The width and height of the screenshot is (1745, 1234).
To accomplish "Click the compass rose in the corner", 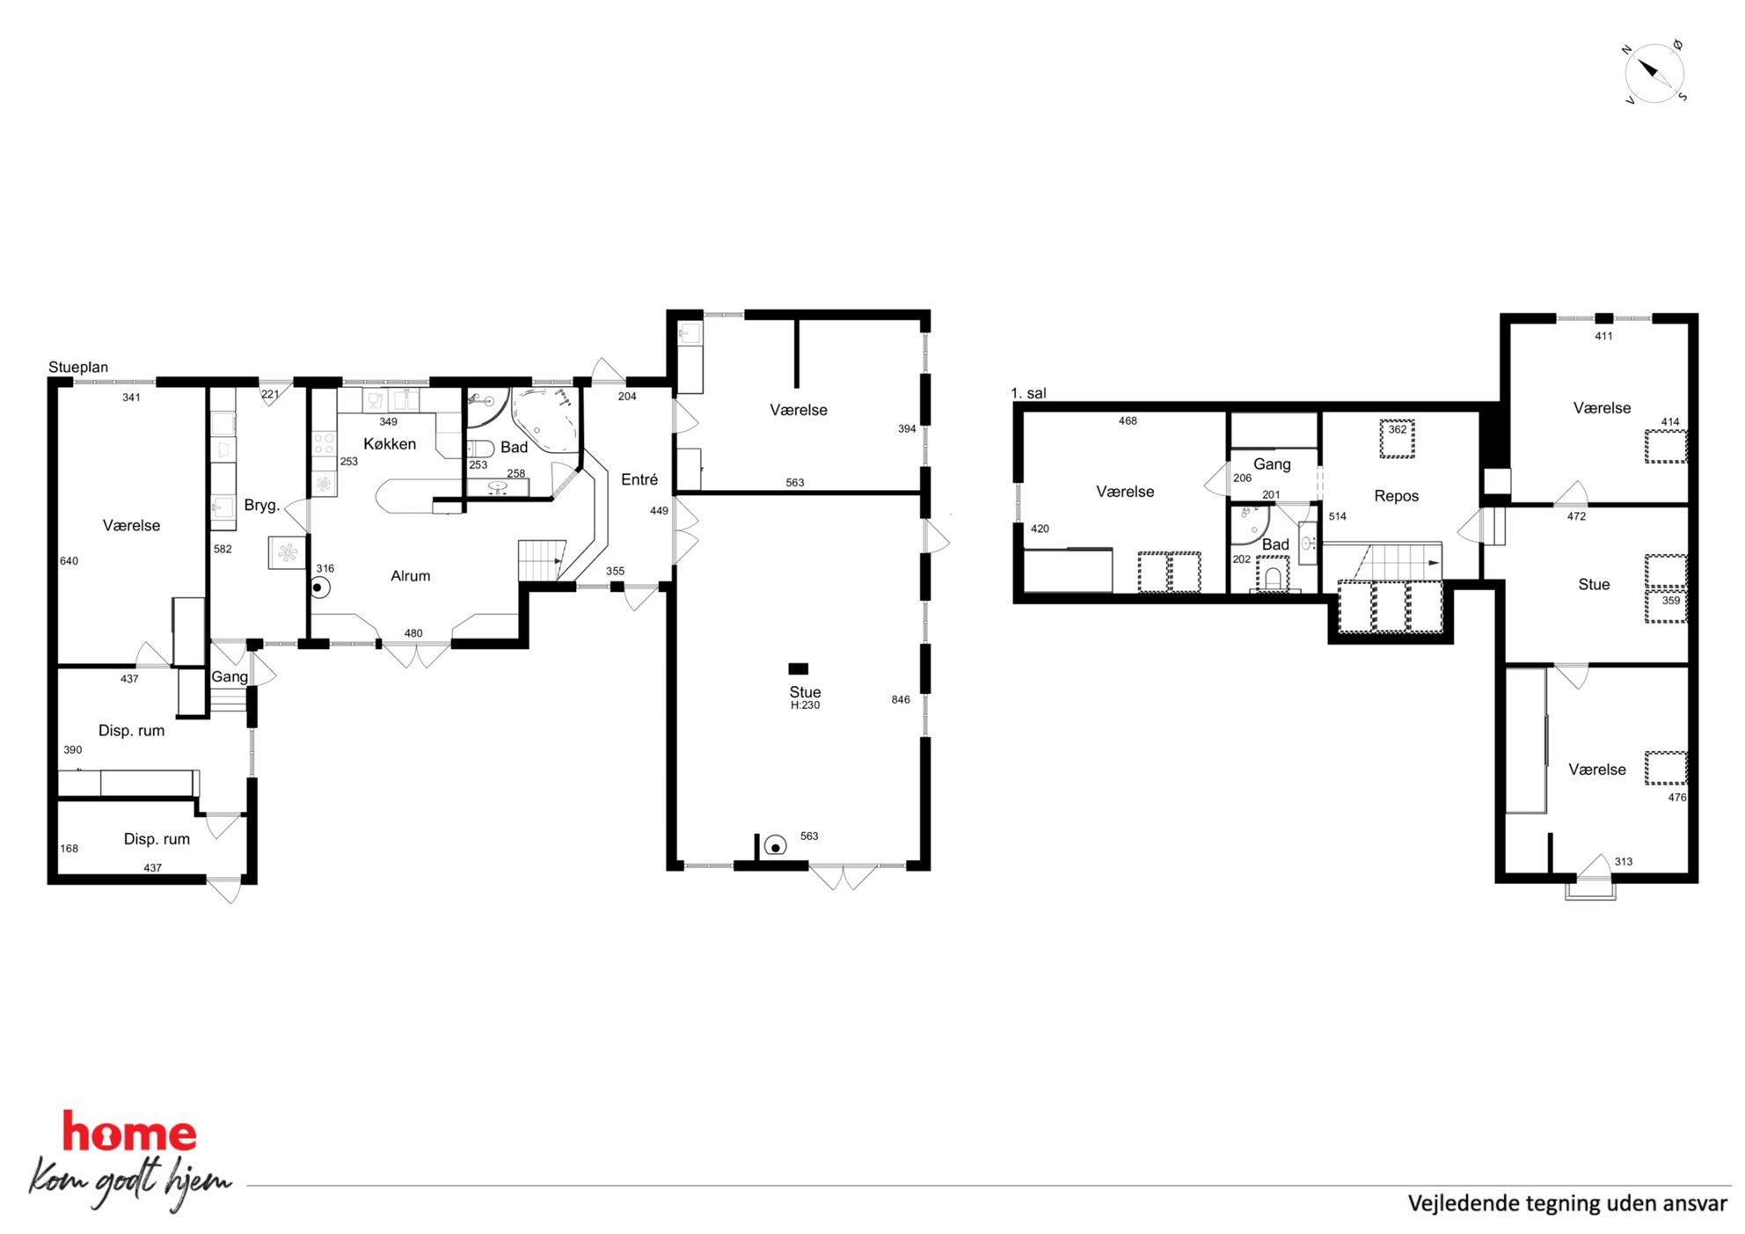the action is pyautogui.click(x=1654, y=73).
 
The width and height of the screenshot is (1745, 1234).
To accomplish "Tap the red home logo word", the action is pyautogui.click(x=129, y=1133).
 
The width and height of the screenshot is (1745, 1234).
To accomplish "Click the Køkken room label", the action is pyautogui.click(x=390, y=444).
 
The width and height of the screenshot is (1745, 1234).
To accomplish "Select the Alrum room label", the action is pyautogui.click(x=411, y=576).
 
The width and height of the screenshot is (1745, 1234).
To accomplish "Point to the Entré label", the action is pyautogui.click(x=639, y=479).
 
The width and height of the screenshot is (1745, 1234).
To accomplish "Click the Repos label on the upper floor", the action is pyautogui.click(x=1397, y=496).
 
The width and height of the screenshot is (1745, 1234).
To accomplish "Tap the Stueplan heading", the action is pyautogui.click(x=78, y=367).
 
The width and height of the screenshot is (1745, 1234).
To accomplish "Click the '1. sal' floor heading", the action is pyautogui.click(x=1028, y=393).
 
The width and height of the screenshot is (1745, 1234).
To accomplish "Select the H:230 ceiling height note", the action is pyautogui.click(x=805, y=705).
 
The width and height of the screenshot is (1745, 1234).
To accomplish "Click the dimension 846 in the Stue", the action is pyautogui.click(x=901, y=700).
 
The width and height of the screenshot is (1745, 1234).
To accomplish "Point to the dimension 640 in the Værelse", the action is pyautogui.click(x=69, y=561).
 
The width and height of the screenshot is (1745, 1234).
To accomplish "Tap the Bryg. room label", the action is pyautogui.click(x=262, y=505).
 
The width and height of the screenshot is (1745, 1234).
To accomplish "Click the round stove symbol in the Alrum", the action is pyautogui.click(x=319, y=588).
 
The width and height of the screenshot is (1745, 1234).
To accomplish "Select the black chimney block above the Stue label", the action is pyautogui.click(x=798, y=668).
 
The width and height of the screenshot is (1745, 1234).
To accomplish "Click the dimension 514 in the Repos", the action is pyautogui.click(x=1337, y=516).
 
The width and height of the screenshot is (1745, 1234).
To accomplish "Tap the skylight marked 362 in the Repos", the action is pyautogui.click(x=1397, y=439).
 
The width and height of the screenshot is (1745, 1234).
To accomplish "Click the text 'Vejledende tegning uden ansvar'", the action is pyautogui.click(x=1567, y=1203).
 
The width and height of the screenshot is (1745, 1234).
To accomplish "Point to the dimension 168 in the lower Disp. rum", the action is pyautogui.click(x=69, y=849).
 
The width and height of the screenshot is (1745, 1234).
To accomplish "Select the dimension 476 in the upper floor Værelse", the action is pyautogui.click(x=1677, y=798).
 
